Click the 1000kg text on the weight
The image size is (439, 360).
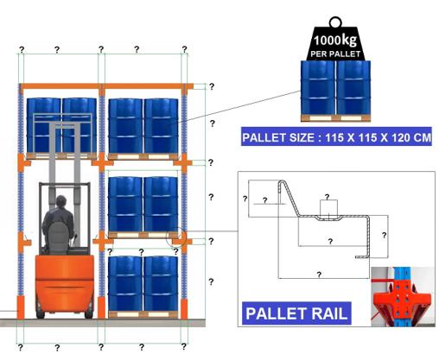[335, 40]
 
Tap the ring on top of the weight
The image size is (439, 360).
[335, 22]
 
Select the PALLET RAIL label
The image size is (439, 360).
[296, 313]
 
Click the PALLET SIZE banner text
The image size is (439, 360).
[336, 137]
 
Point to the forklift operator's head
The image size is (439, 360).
[61, 201]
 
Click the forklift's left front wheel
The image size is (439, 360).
[40, 313]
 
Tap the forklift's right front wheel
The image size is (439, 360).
[89, 313]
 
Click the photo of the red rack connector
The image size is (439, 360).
[403, 297]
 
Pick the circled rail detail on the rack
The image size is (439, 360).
[176, 237]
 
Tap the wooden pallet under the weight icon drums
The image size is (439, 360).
[335, 118]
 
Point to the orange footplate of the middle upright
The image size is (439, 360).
[101, 307]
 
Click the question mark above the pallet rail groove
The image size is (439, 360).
[327, 197]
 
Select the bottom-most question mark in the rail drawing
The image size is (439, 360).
[319, 275]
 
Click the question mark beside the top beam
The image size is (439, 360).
[212, 86]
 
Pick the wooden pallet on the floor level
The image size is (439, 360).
[143, 314]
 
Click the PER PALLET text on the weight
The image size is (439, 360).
[335, 54]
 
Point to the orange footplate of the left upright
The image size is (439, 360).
[21, 307]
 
